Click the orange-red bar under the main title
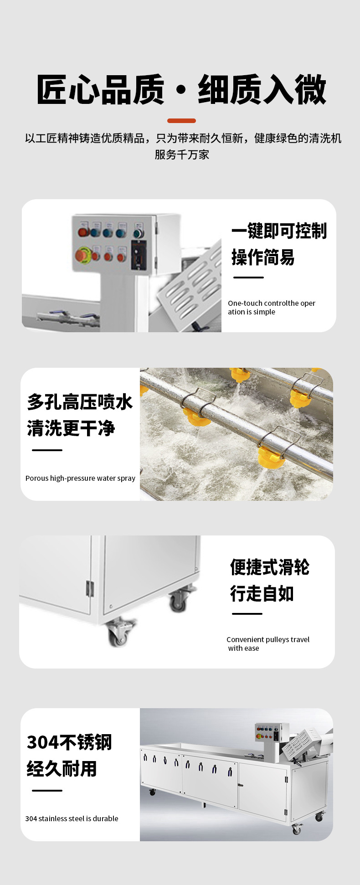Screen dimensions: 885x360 point(181,121)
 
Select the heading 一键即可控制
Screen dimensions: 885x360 point(279,231)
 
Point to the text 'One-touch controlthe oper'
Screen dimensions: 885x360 point(272,303)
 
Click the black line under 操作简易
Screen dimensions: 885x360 point(248,277)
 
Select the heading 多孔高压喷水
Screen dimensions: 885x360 point(80,402)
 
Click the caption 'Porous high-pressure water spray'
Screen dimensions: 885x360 point(80,478)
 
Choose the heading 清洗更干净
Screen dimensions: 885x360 point(71,428)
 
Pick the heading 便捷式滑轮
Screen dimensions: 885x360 point(270,567)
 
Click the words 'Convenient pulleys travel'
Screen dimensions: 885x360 point(268,639)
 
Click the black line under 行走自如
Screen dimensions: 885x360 point(247,613)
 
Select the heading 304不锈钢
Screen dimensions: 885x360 point(69,742)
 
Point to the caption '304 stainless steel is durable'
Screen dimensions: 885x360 point(72,818)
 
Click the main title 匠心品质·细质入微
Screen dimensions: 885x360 point(181,90)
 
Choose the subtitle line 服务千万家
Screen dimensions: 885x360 point(181,154)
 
